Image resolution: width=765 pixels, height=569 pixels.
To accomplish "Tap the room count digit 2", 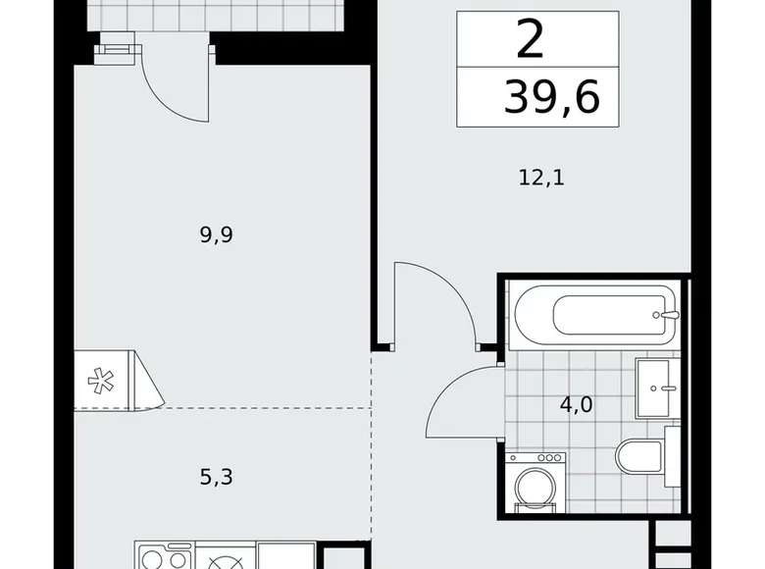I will [x=531, y=40].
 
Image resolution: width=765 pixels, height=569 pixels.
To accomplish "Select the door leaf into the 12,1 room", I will [x=394, y=304].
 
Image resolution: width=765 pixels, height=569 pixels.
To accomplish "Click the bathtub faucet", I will [x=669, y=316].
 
